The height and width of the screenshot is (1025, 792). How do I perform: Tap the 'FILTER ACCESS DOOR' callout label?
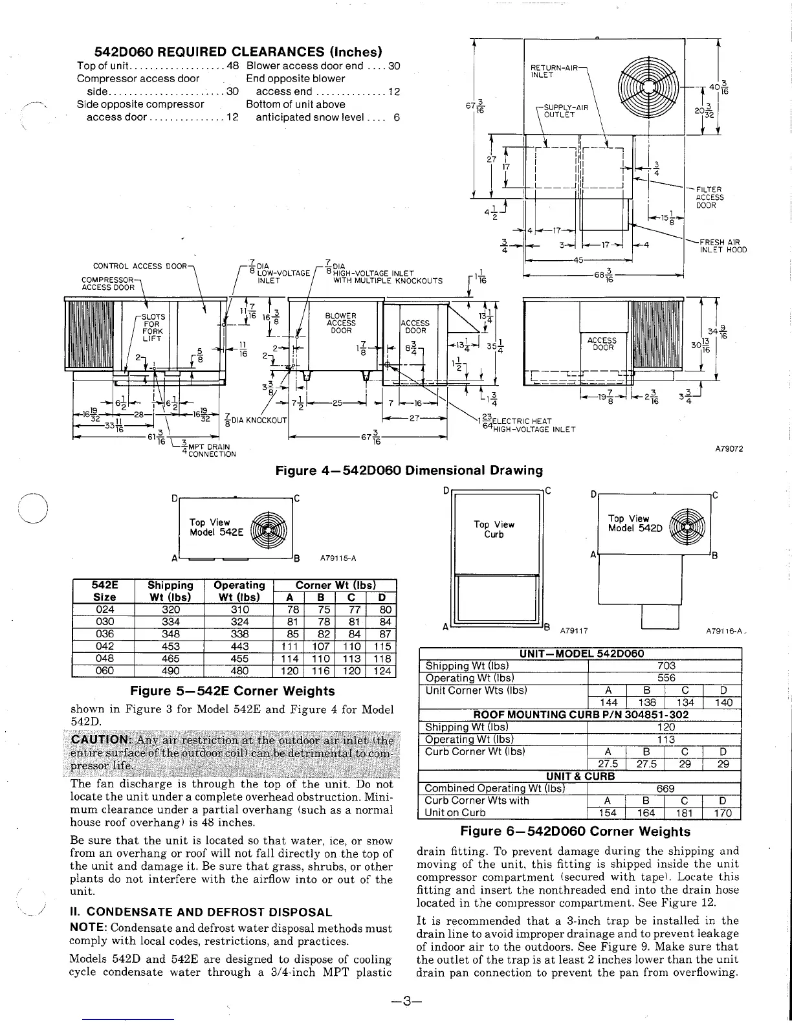point(709,197)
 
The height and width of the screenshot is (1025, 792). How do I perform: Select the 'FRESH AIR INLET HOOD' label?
point(723,246)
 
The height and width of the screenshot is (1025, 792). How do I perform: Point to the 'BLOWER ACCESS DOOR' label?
point(341,323)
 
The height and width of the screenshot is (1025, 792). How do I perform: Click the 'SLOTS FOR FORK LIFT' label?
point(153,327)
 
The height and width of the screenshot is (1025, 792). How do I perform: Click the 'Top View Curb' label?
point(494,529)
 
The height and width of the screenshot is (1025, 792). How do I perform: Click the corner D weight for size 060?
point(383,671)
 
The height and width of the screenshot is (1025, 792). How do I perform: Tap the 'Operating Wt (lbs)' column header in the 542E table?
point(239,591)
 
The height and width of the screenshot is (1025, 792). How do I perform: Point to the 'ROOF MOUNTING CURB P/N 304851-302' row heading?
point(580,715)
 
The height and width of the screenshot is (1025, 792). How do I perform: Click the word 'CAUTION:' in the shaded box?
point(102,740)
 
